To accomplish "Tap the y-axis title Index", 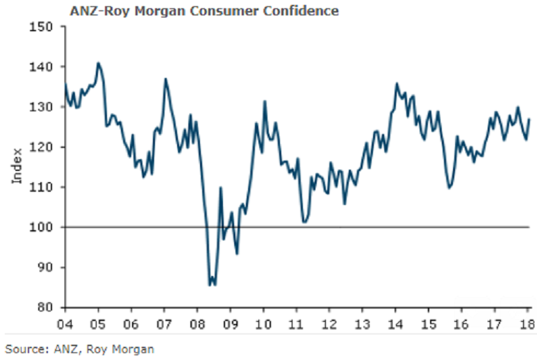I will tap(16, 166).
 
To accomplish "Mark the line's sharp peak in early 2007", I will tap(165, 79).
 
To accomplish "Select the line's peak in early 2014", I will tap(397, 84).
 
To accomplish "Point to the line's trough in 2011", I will tap(304, 222).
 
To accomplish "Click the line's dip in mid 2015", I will tap(449, 188).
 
